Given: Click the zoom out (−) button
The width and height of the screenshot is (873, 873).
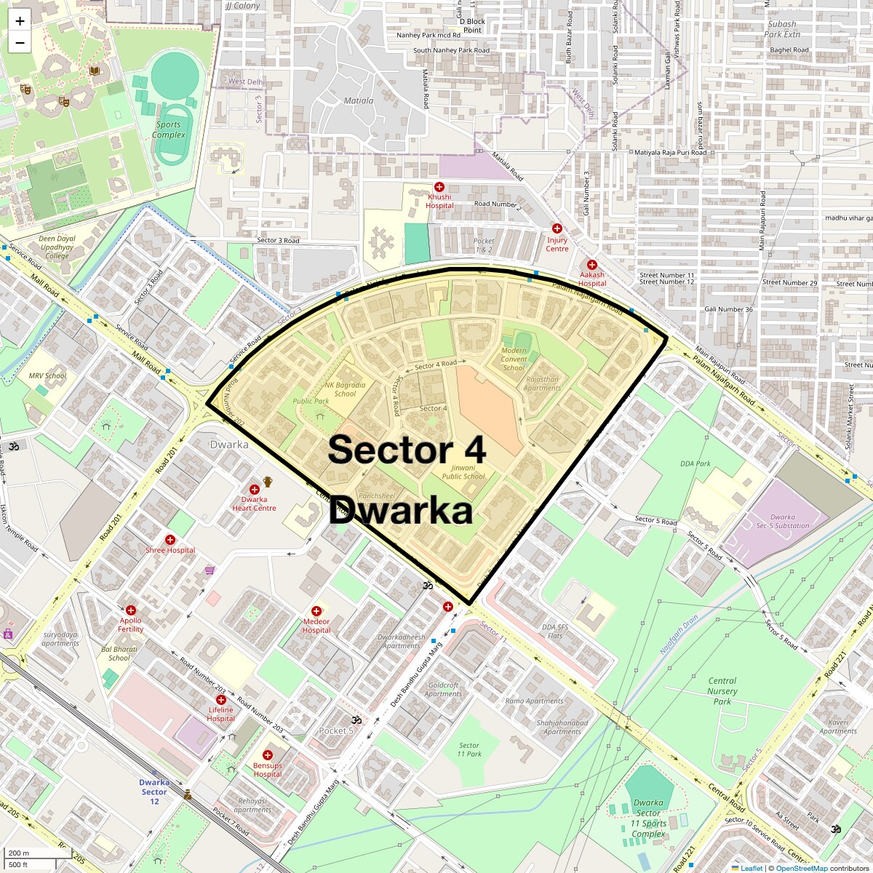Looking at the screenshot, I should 20,43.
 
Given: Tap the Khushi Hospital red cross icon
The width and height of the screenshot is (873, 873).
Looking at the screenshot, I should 439,188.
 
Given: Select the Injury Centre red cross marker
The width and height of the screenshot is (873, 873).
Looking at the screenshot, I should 557,228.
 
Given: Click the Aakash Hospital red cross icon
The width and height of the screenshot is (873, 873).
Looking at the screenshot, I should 592,266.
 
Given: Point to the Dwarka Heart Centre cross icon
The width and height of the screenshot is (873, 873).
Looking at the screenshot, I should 255,490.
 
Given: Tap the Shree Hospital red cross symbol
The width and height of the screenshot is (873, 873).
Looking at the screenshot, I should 170,540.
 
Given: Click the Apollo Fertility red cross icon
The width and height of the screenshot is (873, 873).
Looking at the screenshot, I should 131,610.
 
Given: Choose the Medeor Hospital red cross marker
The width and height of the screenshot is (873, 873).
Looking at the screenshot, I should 316,611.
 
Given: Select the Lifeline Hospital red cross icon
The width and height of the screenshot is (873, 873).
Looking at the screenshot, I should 221,700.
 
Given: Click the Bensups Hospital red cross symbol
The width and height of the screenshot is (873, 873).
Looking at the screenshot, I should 268,755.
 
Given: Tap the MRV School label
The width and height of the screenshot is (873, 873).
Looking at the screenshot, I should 47,376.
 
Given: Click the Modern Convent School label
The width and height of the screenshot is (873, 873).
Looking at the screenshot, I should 514,359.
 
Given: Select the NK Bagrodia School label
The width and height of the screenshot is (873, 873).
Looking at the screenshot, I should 345,389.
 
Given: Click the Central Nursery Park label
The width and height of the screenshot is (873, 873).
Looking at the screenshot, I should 722,691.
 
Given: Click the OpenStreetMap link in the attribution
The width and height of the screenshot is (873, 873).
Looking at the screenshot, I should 801,868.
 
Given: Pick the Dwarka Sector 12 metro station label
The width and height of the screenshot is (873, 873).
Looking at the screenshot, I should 154,792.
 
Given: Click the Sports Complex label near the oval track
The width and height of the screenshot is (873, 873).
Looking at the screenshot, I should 169,129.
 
